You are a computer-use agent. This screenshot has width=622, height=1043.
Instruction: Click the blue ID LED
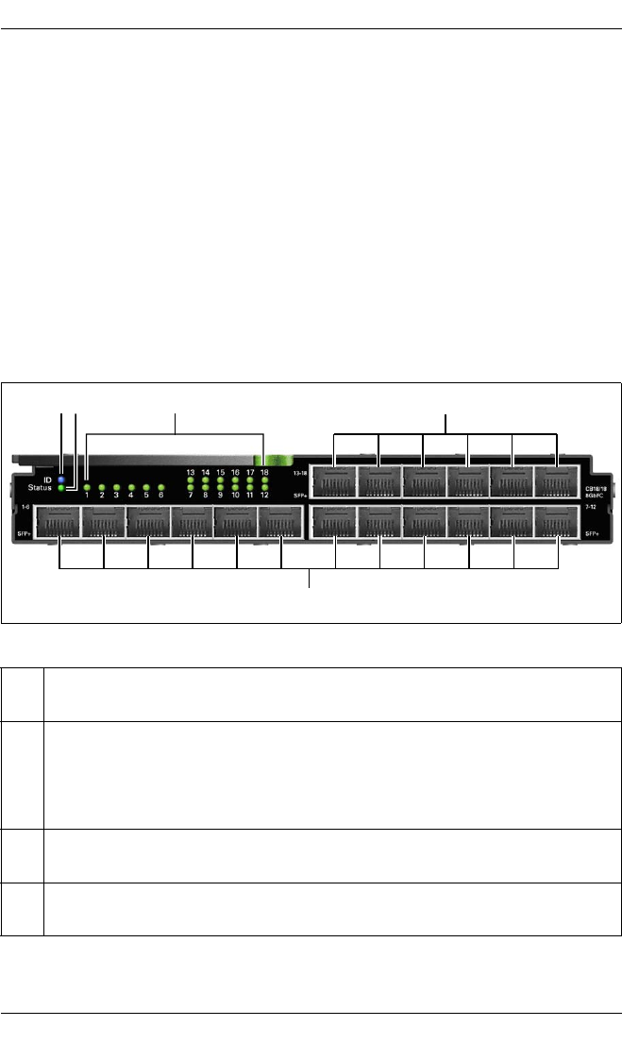pyautogui.click(x=61, y=479)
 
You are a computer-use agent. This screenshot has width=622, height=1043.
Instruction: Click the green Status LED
pyautogui.click(x=61, y=489)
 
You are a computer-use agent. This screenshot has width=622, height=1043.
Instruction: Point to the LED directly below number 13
pyautogui.click(x=191, y=480)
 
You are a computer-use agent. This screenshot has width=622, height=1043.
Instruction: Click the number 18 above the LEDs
pyautogui.click(x=265, y=472)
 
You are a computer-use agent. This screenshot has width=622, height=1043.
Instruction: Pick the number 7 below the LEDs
pyautogui.click(x=191, y=495)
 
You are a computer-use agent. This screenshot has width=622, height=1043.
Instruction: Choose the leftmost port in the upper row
pyautogui.click(x=334, y=480)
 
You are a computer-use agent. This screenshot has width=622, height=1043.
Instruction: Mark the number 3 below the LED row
pyautogui.click(x=116, y=495)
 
